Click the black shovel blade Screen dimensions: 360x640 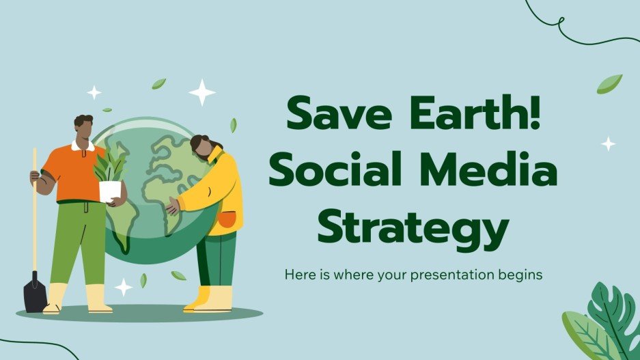click(x=35, y=292)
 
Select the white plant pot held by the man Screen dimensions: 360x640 click(x=109, y=191)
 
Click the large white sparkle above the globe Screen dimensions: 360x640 click(x=201, y=92)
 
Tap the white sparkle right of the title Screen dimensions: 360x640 click(x=607, y=143)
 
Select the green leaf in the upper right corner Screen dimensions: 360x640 click(x=609, y=83)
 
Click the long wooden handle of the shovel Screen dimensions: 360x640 click(x=34, y=212)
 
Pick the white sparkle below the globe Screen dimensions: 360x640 click(x=124, y=286)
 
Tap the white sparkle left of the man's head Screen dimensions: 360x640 click(x=94, y=92)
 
